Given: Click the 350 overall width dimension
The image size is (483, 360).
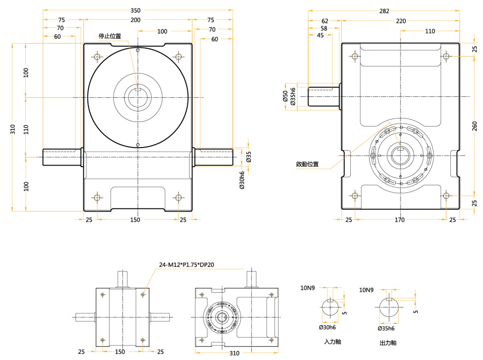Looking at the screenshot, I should [135, 11].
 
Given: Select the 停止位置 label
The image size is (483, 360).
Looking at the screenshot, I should [110, 36].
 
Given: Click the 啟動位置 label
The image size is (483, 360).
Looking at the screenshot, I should [307, 164].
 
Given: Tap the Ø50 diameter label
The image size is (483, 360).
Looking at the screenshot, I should [285, 96].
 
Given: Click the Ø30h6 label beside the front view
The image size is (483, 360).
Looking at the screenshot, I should [242, 180].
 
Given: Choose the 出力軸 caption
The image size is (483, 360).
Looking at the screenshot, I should [388, 343].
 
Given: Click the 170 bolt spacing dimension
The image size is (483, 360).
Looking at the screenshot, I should [400, 220].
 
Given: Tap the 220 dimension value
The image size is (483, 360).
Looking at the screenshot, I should [401, 21].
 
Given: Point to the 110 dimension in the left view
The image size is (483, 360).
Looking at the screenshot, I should [26, 129].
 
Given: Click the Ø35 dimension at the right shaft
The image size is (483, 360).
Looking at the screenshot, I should [248, 157].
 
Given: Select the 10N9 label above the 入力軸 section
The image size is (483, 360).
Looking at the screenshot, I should [308, 288].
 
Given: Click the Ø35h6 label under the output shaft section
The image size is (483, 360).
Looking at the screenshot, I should [387, 328].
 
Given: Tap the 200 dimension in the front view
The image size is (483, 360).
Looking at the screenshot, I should [135, 20].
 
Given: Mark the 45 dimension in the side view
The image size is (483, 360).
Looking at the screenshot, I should [320, 35].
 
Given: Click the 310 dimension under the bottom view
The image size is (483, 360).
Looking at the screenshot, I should [234, 353].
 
